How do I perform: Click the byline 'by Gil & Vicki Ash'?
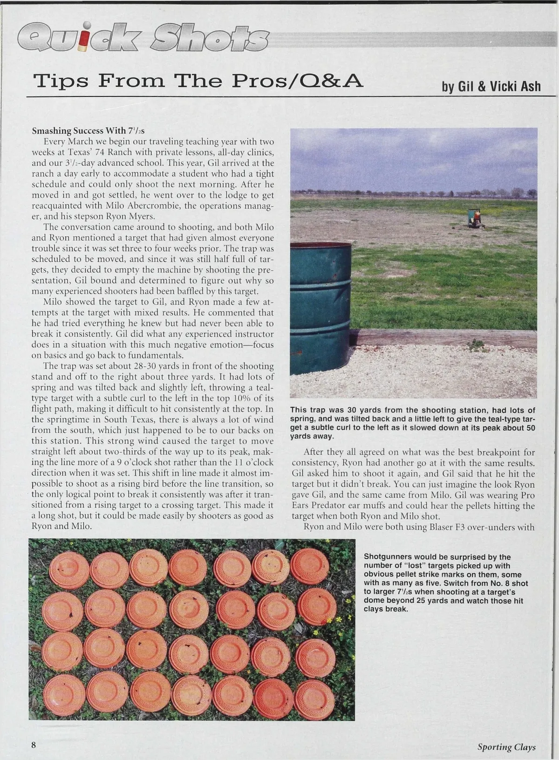click(x=491, y=86)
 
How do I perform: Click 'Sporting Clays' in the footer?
click(x=506, y=747)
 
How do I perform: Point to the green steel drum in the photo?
click(x=320, y=308)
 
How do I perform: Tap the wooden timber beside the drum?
click(x=443, y=338)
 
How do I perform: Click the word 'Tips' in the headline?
click(x=60, y=82)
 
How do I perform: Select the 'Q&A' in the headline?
click(x=332, y=82)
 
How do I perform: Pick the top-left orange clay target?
click(x=69, y=570)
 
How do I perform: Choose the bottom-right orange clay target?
click(x=314, y=700)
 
